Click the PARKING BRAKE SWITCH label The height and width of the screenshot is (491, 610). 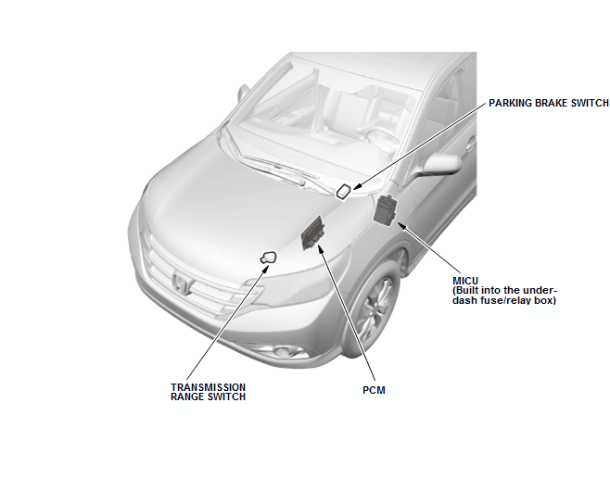pyautogui.click(x=549, y=103)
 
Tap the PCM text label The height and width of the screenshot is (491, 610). pyautogui.click(x=374, y=390)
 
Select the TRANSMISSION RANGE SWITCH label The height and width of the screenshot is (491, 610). pyautogui.click(x=209, y=392)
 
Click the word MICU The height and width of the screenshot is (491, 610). pyautogui.click(x=465, y=281)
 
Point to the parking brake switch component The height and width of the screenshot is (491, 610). pyautogui.click(x=344, y=191)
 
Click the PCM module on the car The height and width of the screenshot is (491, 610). pyautogui.click(x=312, y=233)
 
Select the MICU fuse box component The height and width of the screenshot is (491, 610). pyautogui.click(x=386, y=208)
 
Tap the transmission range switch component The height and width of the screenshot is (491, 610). pyautogui.click(x=269, y=258)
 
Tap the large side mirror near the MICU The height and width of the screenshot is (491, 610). pyautogui.click(x=441, y=163)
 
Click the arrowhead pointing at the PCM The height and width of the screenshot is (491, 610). pyautogui.click(x=321, y=249)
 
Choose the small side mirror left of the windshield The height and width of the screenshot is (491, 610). pyautogui.click(x=243, y=94)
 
